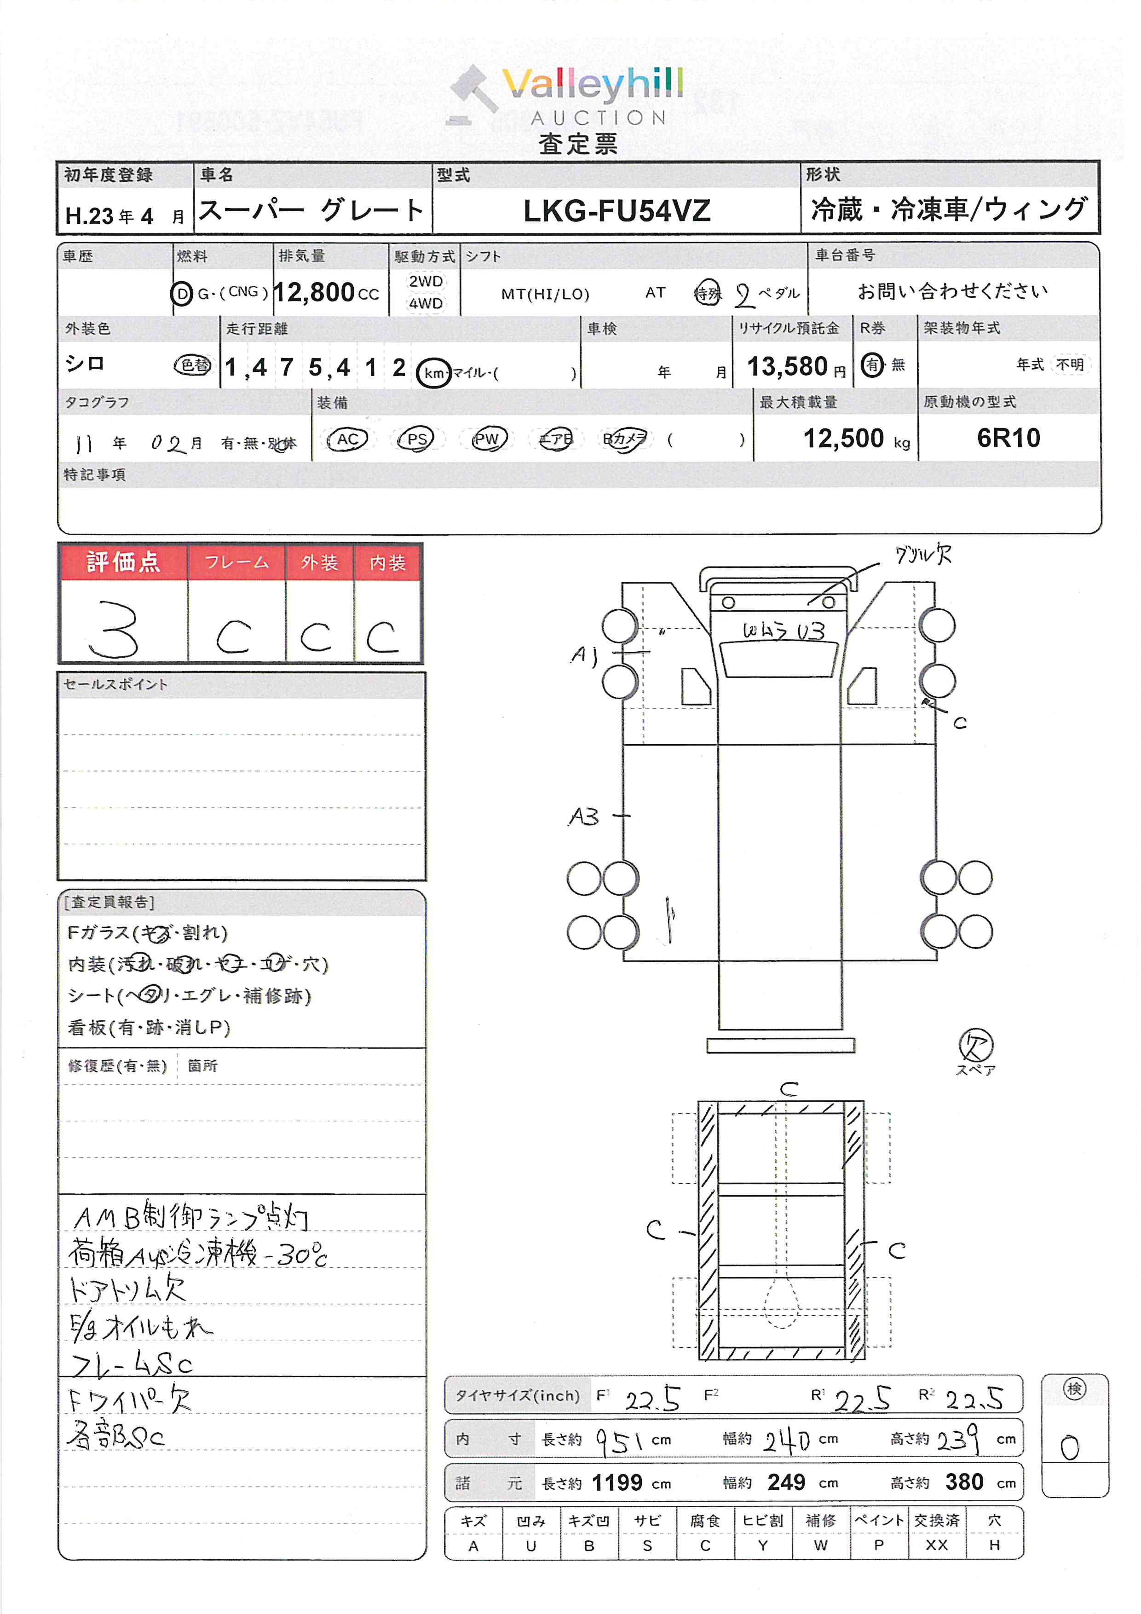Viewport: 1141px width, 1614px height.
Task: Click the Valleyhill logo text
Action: [x=592, y=86]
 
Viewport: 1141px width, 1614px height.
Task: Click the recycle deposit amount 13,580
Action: [x=787, y=366]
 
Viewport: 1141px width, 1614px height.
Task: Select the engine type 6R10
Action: [x=1008, y=438]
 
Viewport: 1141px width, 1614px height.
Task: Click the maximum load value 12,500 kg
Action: [x=844, y=439]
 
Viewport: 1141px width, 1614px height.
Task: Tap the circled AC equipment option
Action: [x=348, y=440]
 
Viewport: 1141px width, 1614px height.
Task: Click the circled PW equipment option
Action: [x=486, y=440]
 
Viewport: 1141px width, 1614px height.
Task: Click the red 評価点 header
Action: [x=123, y=562]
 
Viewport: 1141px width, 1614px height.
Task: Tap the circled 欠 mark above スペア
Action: [x=975, y=1045]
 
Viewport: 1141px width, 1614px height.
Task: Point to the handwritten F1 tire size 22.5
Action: [x=652, y=1399]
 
